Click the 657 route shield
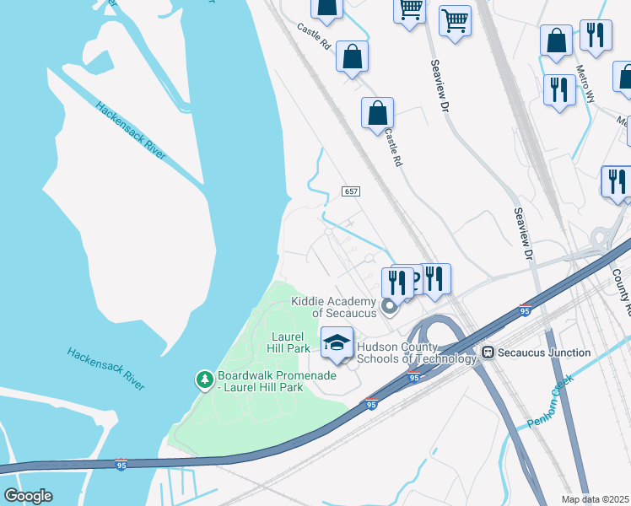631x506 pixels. (x=352, y=191)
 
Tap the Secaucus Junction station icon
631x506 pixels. (x=487, y=352)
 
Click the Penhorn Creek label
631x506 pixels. (x=552, y=398)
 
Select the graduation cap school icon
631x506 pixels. (x=337, y=344)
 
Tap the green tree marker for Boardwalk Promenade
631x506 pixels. (x=204, y=380)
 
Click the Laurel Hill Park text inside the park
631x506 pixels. (x=288, y=342)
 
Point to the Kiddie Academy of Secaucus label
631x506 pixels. (x=332, y=307)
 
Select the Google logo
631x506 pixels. (x=28, y=496)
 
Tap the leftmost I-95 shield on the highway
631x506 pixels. (x=121, y=465)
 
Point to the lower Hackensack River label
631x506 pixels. (x=107, y=369)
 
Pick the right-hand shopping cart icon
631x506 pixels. (x=455, y=21)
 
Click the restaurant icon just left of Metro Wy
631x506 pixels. (x=558, y=89)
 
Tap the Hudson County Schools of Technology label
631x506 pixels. (x=417, y=353)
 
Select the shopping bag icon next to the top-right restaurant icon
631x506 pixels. (x=556, y=40)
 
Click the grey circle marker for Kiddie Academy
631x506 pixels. (x=389, y=306)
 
